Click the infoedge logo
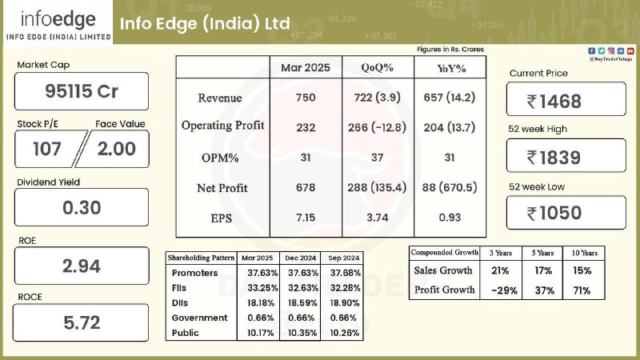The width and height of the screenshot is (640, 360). [58, 25]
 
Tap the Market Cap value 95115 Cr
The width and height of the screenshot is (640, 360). [82, 91]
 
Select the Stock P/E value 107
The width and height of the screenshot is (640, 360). [47, 149]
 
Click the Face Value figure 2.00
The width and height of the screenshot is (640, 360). [116, 149]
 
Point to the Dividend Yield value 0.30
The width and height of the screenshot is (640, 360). [82, 208]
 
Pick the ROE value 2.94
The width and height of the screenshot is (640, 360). [82, 266]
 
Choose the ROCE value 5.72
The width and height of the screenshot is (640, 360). [82, 323]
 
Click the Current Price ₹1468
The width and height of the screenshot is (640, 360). [554, 102]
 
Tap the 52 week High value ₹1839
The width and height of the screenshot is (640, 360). [554, 158]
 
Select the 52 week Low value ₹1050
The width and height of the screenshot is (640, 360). [554, 213]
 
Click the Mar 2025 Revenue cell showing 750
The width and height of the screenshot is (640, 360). [306, 98]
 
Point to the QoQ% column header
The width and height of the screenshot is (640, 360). [377, 68]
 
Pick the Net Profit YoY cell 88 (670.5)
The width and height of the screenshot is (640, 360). [450, 187]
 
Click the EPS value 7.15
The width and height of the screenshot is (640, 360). [306, 218]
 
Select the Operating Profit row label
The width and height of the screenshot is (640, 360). [223, 126]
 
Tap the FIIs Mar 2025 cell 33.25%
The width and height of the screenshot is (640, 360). [262, 288]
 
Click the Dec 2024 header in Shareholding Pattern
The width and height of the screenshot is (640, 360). [301, 258]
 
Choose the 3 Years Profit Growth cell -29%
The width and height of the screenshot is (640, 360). [505, 290]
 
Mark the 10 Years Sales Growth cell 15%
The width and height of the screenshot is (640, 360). [582, 270]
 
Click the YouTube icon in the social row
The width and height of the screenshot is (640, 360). [630, 51]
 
